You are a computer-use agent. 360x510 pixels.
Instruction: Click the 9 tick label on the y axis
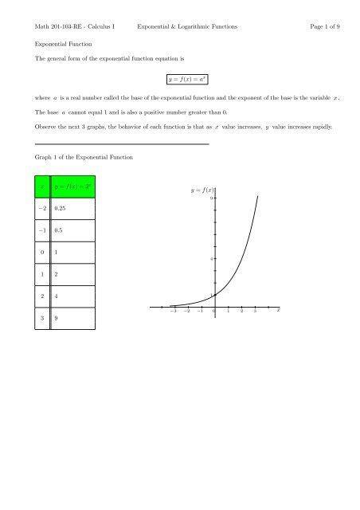(x=211, y=198)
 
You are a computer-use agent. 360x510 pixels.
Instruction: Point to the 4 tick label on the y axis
(x=211, y=259)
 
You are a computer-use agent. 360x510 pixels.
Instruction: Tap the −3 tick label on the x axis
(x=174, y=312)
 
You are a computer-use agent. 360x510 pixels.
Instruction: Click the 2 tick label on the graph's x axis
(x=241, y=312)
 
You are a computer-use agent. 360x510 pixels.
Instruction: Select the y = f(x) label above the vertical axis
(x=203, y=190)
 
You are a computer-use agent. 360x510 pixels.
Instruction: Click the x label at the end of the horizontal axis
(x=278, y=312)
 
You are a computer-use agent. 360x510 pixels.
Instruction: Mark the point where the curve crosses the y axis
(x=215, y=295)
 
